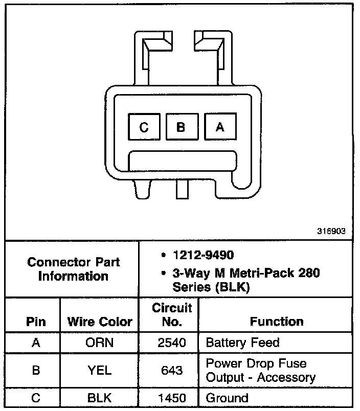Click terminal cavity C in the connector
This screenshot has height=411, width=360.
point(144,126)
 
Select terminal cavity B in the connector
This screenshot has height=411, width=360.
point(181,126)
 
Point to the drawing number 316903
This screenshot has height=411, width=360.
point(331,231)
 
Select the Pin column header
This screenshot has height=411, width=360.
point(35,322)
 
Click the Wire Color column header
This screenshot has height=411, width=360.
point(100,322)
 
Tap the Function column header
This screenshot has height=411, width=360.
point(277,322)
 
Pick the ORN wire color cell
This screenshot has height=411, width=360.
point(100,342)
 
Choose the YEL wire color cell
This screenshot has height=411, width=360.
point(100,370)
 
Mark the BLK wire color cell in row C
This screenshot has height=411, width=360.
point(100,398)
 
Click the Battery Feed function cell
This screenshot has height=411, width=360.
point(243,342)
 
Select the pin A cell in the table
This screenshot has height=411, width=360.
point(35,342)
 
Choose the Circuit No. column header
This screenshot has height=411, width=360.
point(172,314)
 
